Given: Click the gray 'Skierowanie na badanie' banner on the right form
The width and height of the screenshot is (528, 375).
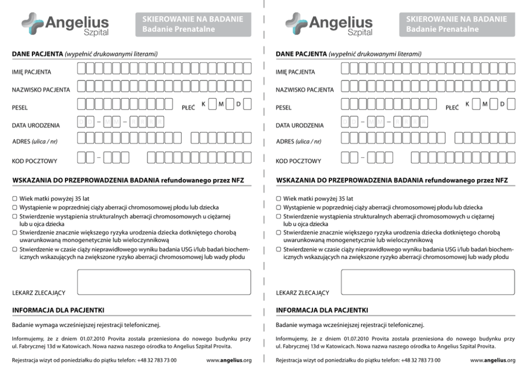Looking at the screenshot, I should coord(457,25).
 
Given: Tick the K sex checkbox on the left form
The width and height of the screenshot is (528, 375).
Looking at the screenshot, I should coord(212,104).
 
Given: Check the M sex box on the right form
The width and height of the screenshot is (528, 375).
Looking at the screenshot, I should coord(494,104).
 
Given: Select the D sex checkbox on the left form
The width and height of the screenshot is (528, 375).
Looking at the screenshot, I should coord(247,104).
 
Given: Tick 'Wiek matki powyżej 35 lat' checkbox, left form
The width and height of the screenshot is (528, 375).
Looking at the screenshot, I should coord(15,199).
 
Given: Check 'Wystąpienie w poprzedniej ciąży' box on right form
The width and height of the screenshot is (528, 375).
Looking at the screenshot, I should coord(279,207).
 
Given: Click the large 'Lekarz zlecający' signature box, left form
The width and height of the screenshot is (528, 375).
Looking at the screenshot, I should coord(164,282).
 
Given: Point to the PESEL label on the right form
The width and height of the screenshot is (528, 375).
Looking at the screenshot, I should coord(284,108).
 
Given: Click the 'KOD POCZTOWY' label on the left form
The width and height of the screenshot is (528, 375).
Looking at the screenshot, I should coord(35,160).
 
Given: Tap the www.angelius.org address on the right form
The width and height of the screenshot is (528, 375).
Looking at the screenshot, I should coord(492,361).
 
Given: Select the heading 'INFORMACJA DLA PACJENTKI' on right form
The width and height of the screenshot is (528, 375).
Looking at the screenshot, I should coord(322,310).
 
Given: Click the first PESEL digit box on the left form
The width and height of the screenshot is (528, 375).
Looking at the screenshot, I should coord(81,104).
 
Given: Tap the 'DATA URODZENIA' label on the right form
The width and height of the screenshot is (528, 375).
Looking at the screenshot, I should coord(300,126).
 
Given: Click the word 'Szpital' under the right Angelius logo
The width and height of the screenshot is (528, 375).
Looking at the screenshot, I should coord(360,33).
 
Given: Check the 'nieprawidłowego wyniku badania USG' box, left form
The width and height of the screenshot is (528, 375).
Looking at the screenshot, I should coord(15,249).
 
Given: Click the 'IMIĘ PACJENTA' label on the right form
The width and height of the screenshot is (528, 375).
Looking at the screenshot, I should coord(295,72).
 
